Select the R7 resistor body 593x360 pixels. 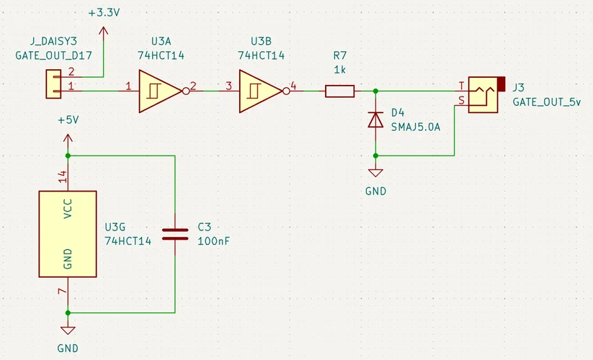(339, 91)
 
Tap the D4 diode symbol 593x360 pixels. (375, 120)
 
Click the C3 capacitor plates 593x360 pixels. (174, 233)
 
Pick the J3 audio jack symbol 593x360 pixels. (481, 95)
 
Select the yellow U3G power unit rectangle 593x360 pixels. (68, 233)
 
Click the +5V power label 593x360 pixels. (67, 120)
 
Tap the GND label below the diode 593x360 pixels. (375, 192)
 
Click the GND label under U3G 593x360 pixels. (68, 348)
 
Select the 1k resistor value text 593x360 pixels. (339, 69)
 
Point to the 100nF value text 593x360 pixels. (213, 240)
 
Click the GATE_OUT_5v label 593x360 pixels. (546, 102)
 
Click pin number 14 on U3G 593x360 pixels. (62, 174)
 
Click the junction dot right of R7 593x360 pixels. (375, 91)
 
